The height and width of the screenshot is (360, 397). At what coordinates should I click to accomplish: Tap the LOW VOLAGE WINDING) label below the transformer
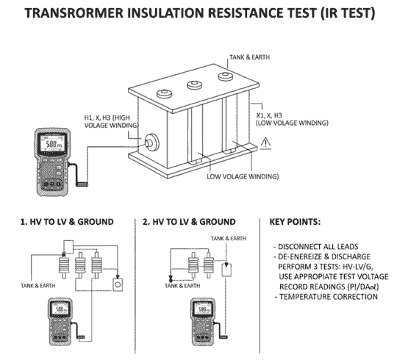(x=242, y=177)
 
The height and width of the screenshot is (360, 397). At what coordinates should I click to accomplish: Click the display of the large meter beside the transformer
(x=51, y=145)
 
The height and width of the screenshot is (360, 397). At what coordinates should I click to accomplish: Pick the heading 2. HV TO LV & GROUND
(x=189, y=221)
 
